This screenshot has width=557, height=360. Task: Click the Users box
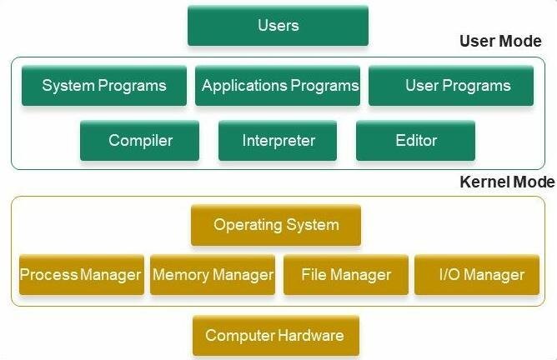278,26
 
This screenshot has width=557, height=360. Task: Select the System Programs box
103,86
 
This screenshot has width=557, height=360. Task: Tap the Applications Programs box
278,86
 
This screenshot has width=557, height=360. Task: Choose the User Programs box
451,86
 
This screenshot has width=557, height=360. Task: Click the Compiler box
140,140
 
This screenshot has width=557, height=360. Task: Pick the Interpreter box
278,140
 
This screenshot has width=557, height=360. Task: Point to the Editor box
415,140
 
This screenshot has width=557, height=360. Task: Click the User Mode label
500,42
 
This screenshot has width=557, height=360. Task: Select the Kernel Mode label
506,182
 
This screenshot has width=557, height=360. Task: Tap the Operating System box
276,225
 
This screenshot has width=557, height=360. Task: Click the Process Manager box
81,275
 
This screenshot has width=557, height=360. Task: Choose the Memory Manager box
213,275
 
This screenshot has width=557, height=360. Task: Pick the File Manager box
346,275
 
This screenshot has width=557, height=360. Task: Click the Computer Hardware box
275,336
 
